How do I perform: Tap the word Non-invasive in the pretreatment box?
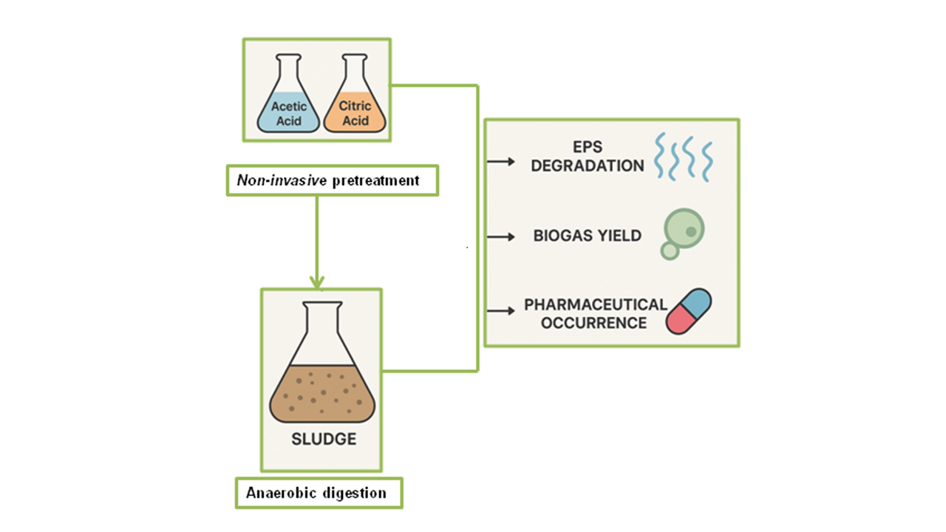click(x=275, y=180)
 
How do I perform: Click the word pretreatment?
click(x=375, y=180)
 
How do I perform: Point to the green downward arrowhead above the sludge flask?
click(x=317, y=282)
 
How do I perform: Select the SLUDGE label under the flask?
click(x=323, y=439)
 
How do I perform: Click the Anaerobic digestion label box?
click(x=319, y=493)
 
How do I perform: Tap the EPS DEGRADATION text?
click(x=588, y=156)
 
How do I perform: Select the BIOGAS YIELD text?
click(x=588, y=236)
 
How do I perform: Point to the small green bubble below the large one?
click(x=670, y=251)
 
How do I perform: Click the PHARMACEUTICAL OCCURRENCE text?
click(x=595, y=313)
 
